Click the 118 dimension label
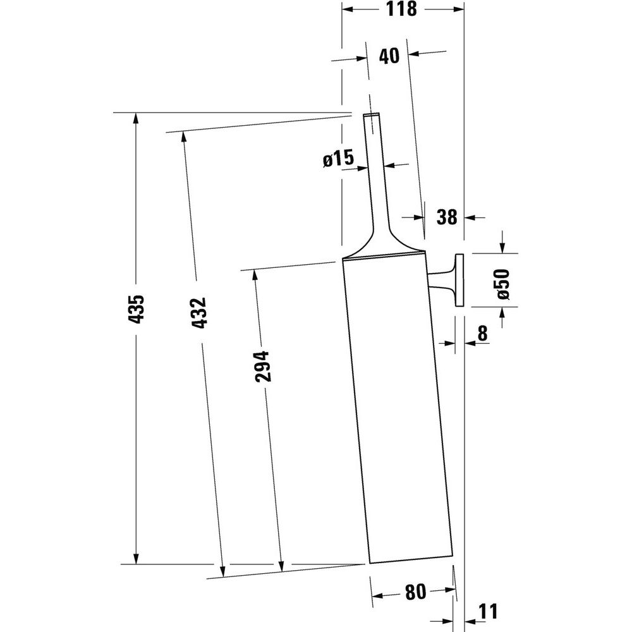pos(401,9)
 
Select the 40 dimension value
pos(389,56)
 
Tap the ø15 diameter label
pos(339,158)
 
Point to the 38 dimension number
pos(447,217)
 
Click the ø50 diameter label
pos(504,284)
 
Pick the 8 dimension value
pos(482,333)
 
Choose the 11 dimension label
pos(488,611)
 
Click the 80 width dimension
pos(415,592)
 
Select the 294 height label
pos(262,367)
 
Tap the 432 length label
pos(198,313)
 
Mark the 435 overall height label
pos(136,309)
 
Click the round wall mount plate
pos(459,280)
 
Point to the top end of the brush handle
pos(371,114)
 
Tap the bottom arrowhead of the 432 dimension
pos(222,572)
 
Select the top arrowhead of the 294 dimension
pos(255,276)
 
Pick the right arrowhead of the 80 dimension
pos(451,590)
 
